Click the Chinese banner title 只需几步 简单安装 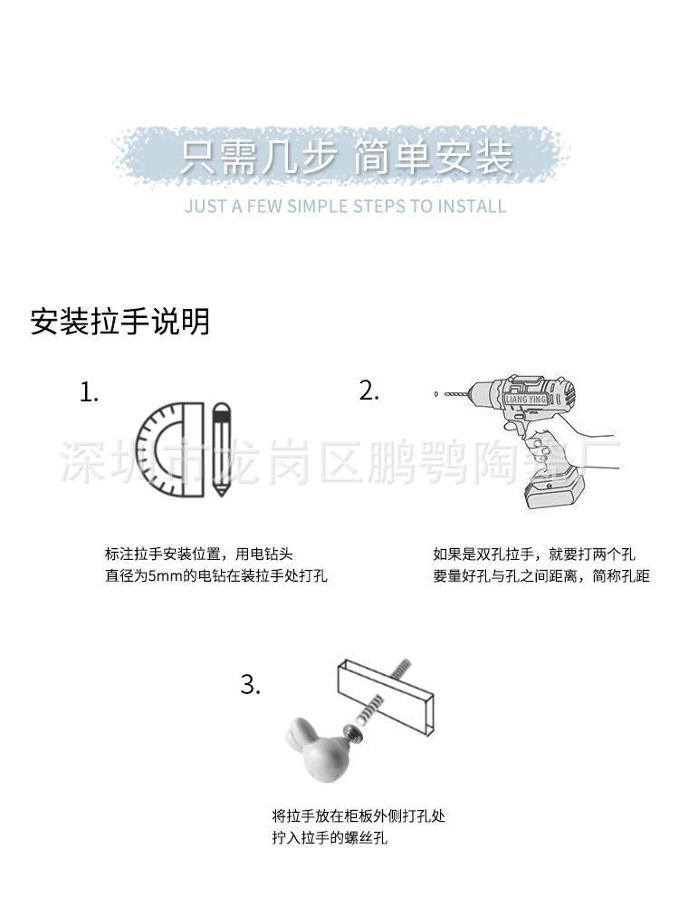pyautogui.click(x=345, y=158)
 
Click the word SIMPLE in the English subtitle pyautogui.click(x=317, y=206)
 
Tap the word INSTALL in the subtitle pyautogui.click(x=471, y=206)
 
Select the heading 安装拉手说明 pyautogui.click(x=120, y=322)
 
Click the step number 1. pyautogui.click(x=89, y=393)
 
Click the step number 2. pyautogui.click(x=368, y=391)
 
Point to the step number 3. pyautogui.click(x=251, y=685)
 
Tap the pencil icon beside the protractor pyautogui.click(x=220, y=450)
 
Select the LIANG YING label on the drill pyautogui.click(x=527, y=398)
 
